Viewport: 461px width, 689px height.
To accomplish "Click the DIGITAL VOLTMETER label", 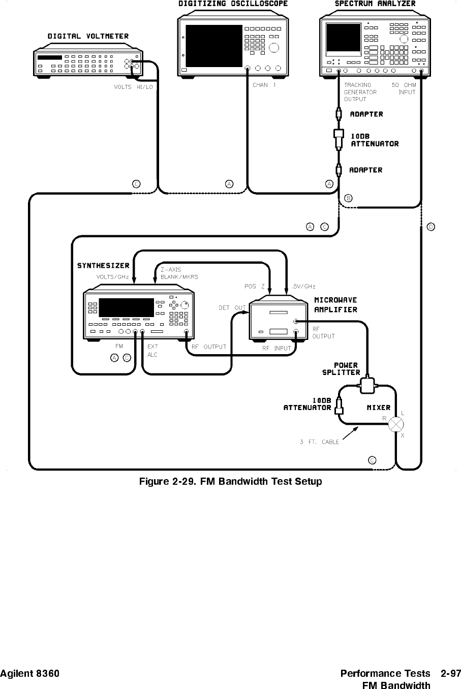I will tap(88, 36).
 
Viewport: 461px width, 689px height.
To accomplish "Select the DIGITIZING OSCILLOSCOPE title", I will tap(233, 4).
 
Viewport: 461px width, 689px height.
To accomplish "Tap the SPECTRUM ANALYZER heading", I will tap(375, 4).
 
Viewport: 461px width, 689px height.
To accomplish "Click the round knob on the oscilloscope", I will tap(274, 48).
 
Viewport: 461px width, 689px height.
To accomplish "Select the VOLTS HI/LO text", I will tap(133, 87).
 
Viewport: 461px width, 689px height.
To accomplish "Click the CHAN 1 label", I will tap(264, 85).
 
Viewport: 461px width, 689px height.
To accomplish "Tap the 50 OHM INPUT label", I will tap(404, 88).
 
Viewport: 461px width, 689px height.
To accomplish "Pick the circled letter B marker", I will tap(348, 197).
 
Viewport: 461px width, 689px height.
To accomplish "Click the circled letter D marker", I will tap(430, 226).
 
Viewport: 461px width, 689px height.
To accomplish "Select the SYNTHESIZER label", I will tap(103, 266).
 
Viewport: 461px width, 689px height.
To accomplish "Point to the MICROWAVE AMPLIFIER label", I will tap(335, 305).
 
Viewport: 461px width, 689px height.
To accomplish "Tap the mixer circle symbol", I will tap(396, 424).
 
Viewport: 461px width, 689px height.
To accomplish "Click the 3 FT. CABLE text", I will tap(319, 442).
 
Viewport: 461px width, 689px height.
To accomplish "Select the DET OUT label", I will tap(232, 308).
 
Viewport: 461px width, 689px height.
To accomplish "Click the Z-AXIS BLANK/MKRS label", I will tap(179, 273).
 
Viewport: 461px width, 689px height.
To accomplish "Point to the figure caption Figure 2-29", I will tap(230, 481).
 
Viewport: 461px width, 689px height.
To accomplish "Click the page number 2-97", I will tap(451, 674).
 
